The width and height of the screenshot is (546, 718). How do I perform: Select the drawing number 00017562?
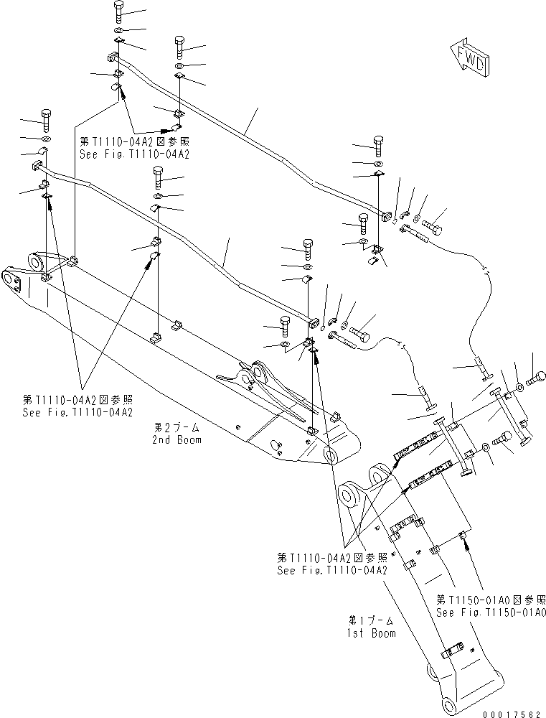[512, 710]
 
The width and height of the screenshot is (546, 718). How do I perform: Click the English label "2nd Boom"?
[176, 439]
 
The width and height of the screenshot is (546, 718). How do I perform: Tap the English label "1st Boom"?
[372, 634]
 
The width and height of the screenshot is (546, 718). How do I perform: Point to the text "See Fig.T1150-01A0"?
[491, 612]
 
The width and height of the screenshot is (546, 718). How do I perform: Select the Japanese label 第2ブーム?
[176, 426]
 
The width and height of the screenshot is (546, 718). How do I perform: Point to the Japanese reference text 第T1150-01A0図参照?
[491, 600]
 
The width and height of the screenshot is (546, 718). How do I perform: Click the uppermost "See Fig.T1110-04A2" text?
[134, 154]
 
